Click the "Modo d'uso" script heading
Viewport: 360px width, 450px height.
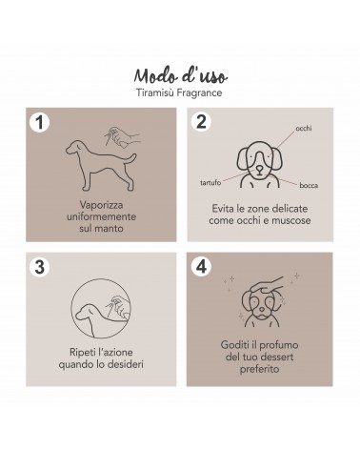tap(181, 76)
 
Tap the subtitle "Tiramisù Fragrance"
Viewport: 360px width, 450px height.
tap(179, 92)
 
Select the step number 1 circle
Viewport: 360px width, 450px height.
tap(40, 122)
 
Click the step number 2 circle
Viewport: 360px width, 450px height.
tap(201, 122)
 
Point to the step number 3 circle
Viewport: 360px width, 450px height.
tap(40, 267)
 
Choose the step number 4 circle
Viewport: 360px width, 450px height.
tap(201, 267)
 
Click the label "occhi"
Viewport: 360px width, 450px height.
tap(304, 128)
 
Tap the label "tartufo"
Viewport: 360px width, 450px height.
tap(210, 183)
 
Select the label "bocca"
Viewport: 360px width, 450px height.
tap(309, 185)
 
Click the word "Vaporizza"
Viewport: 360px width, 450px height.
tap(101, 205)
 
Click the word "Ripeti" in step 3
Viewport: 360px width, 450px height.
tap(81, 353)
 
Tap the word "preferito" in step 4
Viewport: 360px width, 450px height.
tap(259, 369)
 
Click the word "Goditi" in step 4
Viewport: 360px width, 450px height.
tap(234, 345)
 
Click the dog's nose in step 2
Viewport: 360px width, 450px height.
tap(259, 167)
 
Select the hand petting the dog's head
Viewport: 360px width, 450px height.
tap(267, 285)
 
